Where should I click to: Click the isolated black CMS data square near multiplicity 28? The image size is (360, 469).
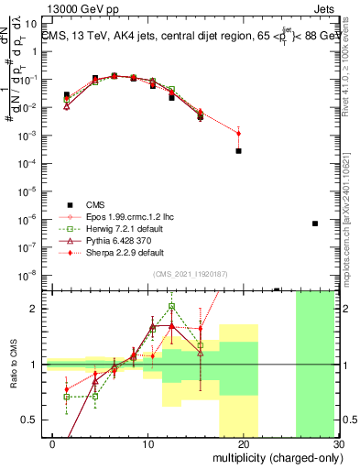pos(314,224)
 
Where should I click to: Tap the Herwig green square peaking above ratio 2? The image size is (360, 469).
pos(172,307)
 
